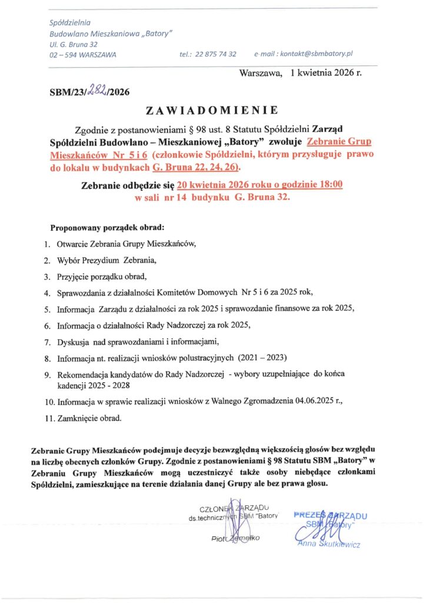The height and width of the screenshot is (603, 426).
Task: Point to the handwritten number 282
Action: [97, 90]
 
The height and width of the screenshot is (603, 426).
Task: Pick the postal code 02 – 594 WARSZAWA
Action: [83, 54]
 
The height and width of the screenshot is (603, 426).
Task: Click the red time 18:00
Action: [329, 184]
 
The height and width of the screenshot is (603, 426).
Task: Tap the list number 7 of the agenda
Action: [48, 342]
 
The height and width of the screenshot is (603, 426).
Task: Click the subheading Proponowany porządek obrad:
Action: [107, 226]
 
